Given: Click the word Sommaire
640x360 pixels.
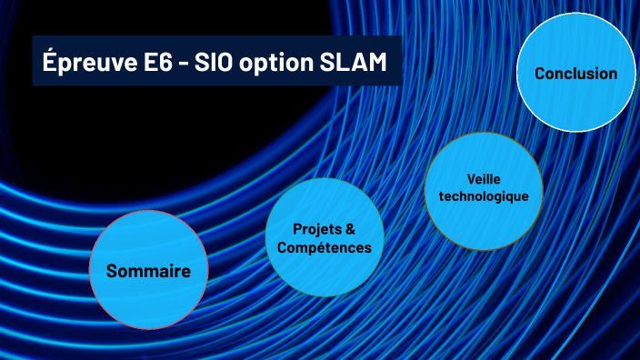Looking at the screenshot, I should [148, 271].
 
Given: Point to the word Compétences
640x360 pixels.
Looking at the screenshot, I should [325, 247].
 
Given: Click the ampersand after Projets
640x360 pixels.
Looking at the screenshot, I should [351, 228].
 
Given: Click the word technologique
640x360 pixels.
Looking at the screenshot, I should [483, 195].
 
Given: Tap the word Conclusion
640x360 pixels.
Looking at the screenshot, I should [575, 74].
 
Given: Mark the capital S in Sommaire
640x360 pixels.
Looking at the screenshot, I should [112, 271].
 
